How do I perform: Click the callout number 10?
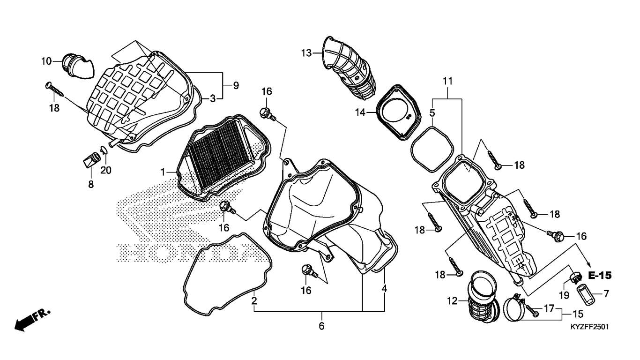coord(46,61)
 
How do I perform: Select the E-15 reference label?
coord(600,276)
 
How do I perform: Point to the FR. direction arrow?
coord(32,319)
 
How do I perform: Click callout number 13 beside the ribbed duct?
coord(306,53)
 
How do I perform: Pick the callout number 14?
coord(360,112)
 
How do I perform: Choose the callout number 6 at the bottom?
coord(321,326)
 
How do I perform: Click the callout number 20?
coord(106,171)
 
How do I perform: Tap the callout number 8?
coord(91,185)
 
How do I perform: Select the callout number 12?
coord(452,301)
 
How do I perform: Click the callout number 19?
coord(564,295)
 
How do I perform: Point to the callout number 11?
coord(448,82)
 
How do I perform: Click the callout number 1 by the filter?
coord(163,172)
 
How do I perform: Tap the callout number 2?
coord(254,301)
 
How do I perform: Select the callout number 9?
coord(236,85)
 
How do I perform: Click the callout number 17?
coord(549,308)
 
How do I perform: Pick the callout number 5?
coord(432,113)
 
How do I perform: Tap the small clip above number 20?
coord(104,150)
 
